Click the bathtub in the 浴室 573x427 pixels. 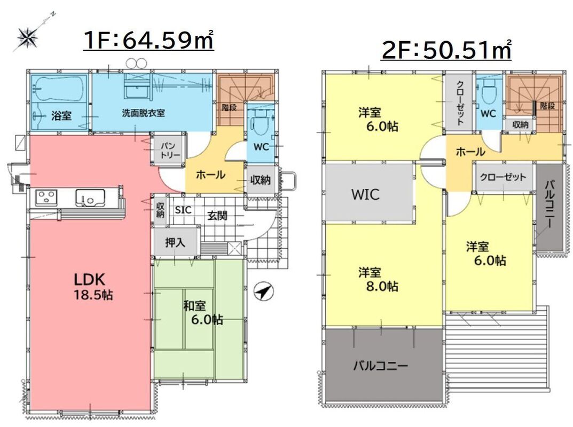[58, 88]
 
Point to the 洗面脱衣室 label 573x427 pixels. [143, 113]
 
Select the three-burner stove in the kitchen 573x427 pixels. [46, 197]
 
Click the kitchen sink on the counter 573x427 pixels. [90, 197]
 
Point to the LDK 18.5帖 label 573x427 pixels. [93, 287]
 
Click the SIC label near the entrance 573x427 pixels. [183, 210]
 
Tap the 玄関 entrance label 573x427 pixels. [217, 216]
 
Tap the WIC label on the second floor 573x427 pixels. [365, 194]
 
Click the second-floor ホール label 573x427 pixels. [470, 152]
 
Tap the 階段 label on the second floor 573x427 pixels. [548, 106]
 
